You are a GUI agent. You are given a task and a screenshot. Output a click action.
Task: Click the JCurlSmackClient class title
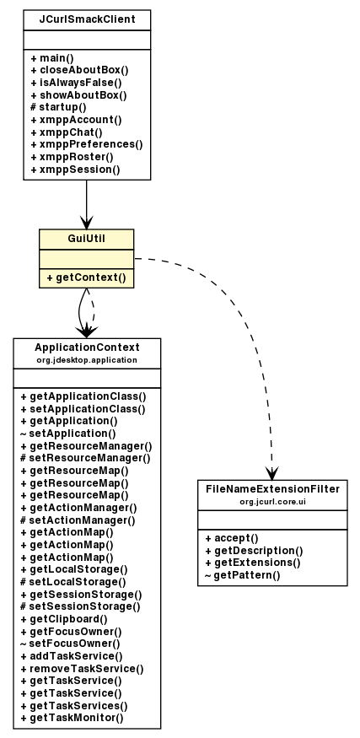pos(87,18)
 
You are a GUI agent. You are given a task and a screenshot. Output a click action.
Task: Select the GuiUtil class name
pos(87,238)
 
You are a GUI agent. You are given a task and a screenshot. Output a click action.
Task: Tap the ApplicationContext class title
pos(87,347)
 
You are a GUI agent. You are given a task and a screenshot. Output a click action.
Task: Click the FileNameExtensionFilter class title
pos(271,489)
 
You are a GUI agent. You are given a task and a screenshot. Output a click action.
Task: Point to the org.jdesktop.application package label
pos(87,359)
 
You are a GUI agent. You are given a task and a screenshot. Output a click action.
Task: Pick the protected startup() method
pos(58,107)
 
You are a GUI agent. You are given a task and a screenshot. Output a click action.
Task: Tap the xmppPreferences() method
pos(86,144)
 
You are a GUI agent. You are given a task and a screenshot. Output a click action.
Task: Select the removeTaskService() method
pos(82,668)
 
